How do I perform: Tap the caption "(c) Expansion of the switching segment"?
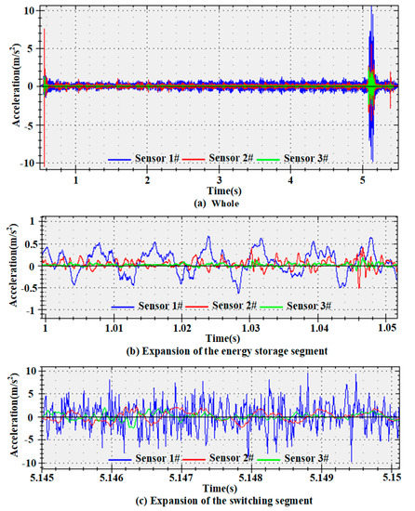tap(221, 502)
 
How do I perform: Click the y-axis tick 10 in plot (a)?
tap(31, 9)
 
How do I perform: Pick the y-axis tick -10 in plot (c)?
tap(28, 462)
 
